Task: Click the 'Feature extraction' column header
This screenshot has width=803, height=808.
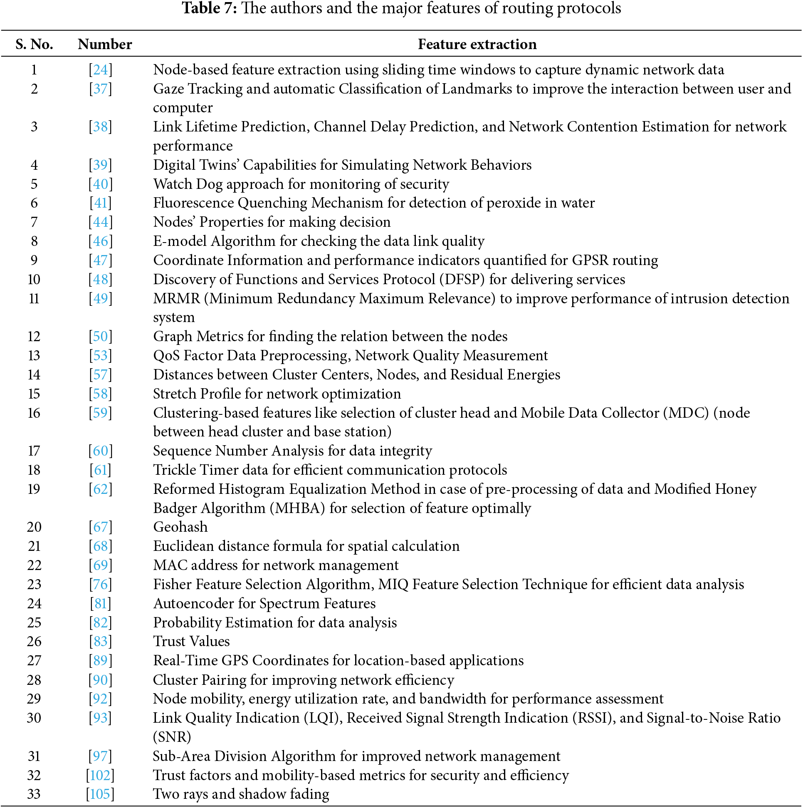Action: click(477, 44)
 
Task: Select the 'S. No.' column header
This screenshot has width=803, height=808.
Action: click(34, 44)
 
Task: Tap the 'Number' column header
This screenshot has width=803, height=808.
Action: click(104, 44)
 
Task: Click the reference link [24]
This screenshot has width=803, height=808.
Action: click(100, 69)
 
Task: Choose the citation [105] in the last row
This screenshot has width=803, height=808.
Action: click(100, 794)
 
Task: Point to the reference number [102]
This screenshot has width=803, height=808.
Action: click(100, 775)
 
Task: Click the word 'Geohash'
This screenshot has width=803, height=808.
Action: click(180, 527)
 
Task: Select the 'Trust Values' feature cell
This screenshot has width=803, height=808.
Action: click(191, 641)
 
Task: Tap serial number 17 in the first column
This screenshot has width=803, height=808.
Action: click(34, 451)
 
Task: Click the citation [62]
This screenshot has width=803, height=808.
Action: click(100, 489)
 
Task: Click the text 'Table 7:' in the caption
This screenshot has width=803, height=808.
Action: click(210, 8)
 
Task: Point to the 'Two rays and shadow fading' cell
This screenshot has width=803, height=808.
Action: click(241, 794)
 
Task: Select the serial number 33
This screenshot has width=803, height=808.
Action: click(34, 794)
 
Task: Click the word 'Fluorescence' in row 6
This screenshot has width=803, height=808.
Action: click(193, 203)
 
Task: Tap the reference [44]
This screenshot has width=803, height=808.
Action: click(100, 222)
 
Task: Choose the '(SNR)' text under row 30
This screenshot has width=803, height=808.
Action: click(172, 736)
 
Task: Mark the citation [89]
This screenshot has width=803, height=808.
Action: click(100, 660)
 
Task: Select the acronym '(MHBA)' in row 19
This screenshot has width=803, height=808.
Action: click(297, 508)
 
